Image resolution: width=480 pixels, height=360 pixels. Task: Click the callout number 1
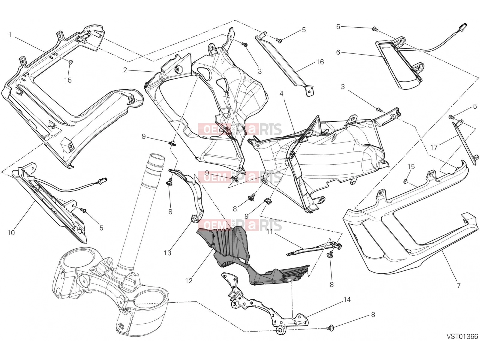click(x=10, y=35)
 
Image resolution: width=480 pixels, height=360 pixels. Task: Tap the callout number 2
click(x=125, y=70)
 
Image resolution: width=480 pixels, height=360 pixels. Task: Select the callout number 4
click(x=281, y=94)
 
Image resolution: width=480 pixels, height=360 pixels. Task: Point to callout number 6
click(x=338, y=52)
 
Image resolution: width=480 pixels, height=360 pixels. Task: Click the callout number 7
click(x=459, y=286)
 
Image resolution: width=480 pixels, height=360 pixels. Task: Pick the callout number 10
click(x=11, y=233)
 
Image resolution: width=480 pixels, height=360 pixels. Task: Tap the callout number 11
click(x=270, y=232)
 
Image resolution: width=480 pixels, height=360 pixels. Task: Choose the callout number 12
click(x=189, y=281)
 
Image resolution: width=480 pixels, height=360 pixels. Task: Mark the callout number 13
click(x=167, y=253)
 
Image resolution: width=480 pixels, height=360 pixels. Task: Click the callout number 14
click(x=347, y=299)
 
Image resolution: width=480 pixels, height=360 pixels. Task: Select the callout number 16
click(x=320, y=62)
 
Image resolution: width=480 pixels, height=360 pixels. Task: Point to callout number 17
click(x=434, y=147)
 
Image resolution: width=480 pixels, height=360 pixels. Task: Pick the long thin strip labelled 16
click(x=284, y=63)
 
